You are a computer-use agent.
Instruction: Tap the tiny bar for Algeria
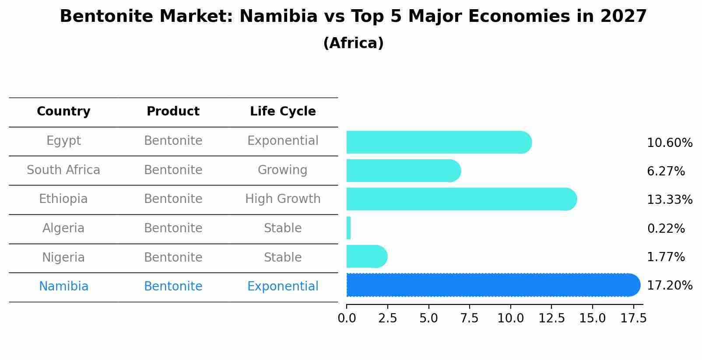[348, 228]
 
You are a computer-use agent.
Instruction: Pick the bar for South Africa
[403, 171]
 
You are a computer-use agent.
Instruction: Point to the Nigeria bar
[366, 256]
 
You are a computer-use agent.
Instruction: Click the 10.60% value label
[669, 143]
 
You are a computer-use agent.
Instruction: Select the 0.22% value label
[665, 228]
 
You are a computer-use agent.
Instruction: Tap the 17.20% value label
[669, 286]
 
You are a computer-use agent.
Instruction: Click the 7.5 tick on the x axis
[469, 318]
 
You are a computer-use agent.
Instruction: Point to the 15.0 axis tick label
[592, 318]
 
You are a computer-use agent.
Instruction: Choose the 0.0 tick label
[347, 318]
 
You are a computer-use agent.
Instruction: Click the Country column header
[63, 112]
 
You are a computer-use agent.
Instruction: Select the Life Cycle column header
[283, 112]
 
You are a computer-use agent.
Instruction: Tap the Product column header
[173, 112]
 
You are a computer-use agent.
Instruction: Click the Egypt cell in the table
[63, 141]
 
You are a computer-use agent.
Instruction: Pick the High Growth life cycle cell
[283, 199]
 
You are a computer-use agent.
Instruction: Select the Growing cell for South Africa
[283, 170]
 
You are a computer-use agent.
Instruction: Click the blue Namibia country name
[63, 287]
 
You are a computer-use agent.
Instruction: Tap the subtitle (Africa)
[353, 43]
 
